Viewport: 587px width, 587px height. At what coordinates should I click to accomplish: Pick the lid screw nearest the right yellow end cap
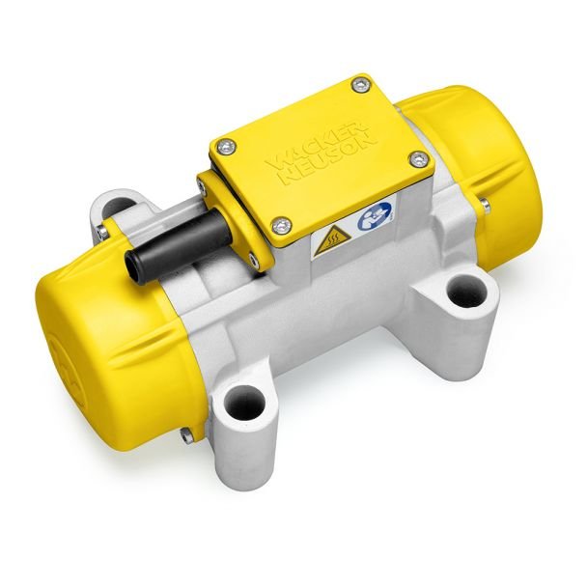(x=417, y=156)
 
